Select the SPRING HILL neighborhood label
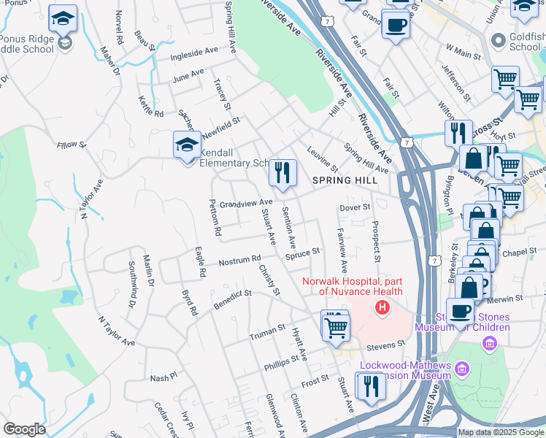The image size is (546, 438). coord(345,180)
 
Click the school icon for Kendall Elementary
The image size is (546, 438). coord(187,145)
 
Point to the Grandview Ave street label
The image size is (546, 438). coord(246,202)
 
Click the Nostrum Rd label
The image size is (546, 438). coord(240,259)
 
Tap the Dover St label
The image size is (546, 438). coord(355,208)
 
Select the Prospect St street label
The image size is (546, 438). coord(376,242)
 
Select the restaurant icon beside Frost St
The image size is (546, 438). coord(371,386)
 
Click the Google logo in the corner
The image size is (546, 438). coord(23,429)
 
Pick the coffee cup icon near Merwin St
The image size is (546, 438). coord(460,311)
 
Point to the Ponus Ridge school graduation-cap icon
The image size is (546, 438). coord(64,20)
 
